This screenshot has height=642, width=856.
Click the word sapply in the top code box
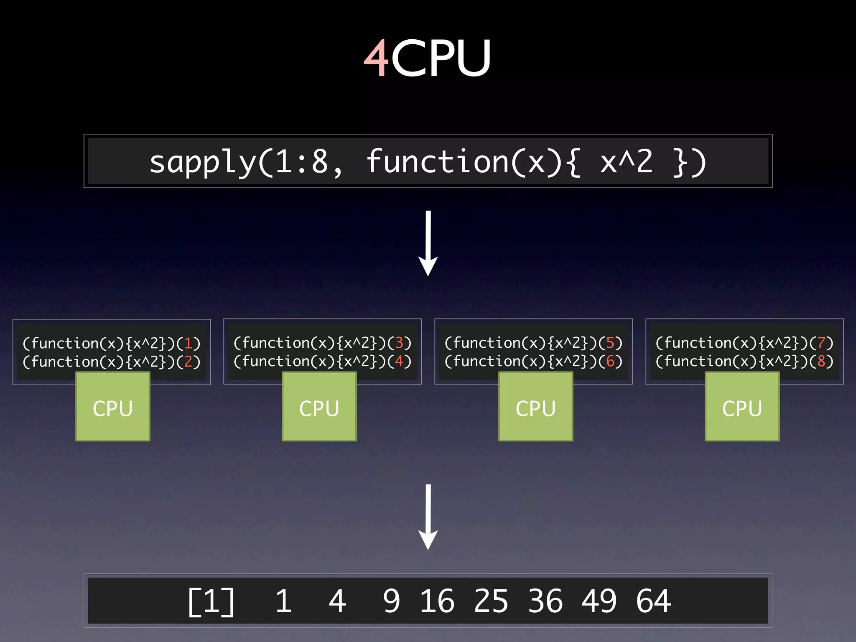click(x=202, y=162)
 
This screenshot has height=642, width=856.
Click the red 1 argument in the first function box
click(x=188, y=344)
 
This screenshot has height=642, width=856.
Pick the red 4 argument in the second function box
click(x=399, y=361)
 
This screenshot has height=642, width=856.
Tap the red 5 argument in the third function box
click(x=610, y=343)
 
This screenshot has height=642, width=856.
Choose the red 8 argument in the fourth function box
click(x=821, y=361)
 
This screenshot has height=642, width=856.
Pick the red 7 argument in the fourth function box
click(x=821, y=343)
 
